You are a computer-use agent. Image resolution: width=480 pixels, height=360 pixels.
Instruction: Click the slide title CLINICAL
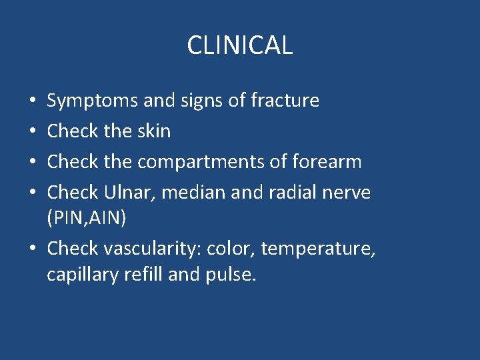[239, 45]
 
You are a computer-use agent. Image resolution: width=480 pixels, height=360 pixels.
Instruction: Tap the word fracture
[285, 101]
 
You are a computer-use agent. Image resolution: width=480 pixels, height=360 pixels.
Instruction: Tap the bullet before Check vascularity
[33, 249]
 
